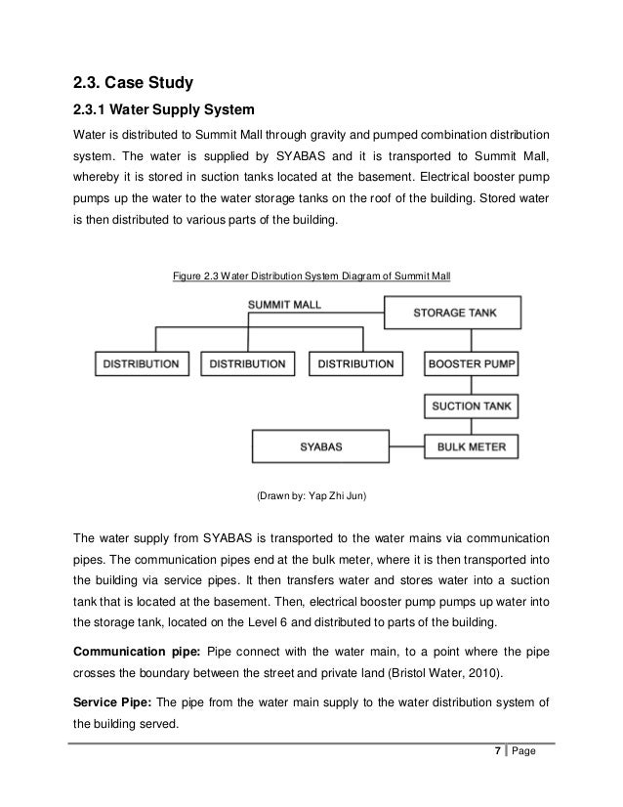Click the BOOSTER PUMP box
click(x=472, y=363)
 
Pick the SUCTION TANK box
click(x=472, y=404)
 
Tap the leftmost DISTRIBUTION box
click(x=143, y=363)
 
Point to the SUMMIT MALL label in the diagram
click(x=284, y=305)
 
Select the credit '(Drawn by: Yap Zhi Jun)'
click(x=311, y=496)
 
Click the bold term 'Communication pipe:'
click(x=131, y=651)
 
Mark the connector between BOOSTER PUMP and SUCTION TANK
click(x=472, y=384)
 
